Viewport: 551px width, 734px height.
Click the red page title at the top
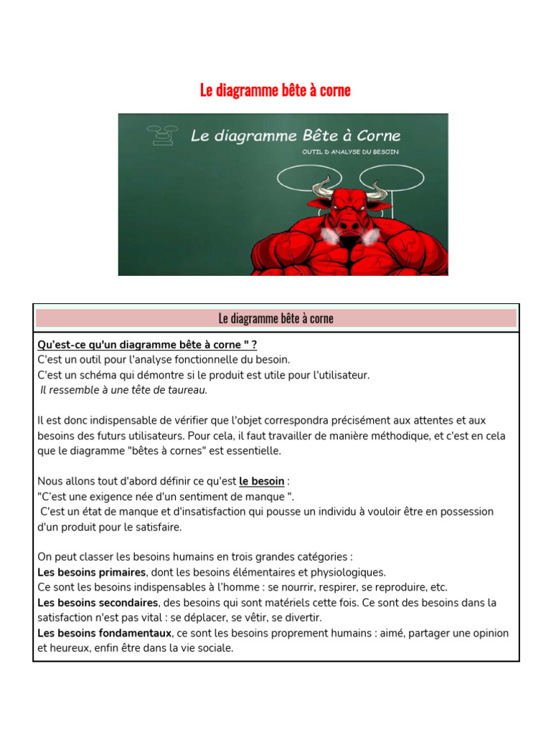[275, 90]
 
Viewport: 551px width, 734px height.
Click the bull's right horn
[377, 188]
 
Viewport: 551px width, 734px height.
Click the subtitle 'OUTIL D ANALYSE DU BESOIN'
[350, 152]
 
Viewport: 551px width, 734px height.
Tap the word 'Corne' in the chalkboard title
[376, 135]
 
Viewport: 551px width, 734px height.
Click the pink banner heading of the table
[275, 318]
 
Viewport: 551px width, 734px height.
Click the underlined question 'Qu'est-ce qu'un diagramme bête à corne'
[147, 345]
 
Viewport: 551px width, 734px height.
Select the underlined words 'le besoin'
[262, 481]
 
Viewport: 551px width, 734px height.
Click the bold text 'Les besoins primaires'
[92, 572]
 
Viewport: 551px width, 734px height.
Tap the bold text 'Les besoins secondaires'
[98, 602]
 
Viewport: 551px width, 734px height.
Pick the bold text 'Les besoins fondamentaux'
[105, 633]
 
